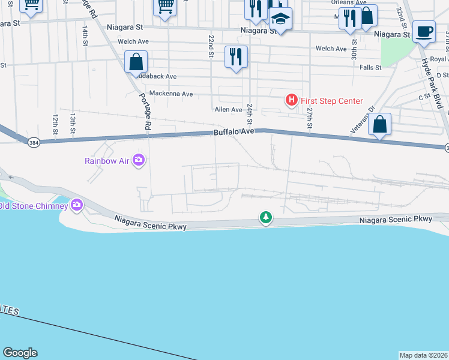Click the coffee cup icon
point(424,31)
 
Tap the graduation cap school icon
point(280,19)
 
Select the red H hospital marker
point(291,100)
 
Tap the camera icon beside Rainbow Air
point(139,160)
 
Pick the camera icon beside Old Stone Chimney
point(77,206)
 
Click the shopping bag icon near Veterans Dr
point(379,125)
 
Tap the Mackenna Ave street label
point(171,94)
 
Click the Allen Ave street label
point(228,109)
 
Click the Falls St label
point(370,68)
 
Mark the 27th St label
point(310,118)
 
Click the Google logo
point(20,353)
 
